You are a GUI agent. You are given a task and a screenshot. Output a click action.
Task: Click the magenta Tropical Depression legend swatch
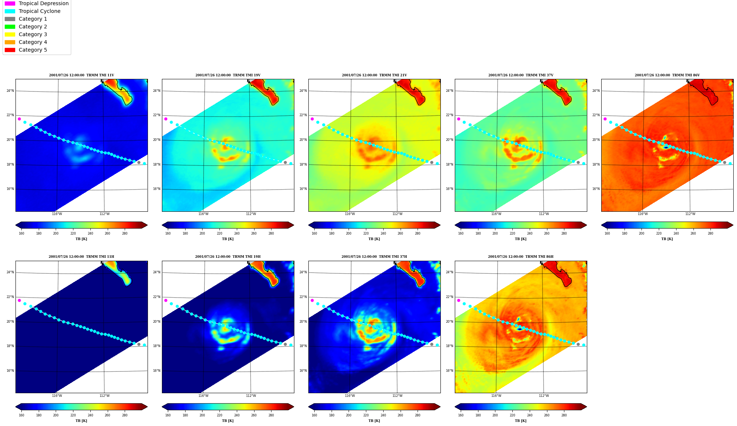(10, 3)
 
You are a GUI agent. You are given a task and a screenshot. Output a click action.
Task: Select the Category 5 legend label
(33, 50)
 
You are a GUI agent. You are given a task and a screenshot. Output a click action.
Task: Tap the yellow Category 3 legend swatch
(10, 34)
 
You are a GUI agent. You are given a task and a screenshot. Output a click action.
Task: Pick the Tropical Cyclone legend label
(39, 11)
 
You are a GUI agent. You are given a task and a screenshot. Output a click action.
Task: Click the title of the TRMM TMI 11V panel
(82, 75)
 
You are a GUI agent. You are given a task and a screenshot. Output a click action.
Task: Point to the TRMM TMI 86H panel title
(520, 257)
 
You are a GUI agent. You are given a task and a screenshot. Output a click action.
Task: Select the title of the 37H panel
(374, 257)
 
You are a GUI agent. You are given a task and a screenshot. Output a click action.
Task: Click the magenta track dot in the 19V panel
(166, 119)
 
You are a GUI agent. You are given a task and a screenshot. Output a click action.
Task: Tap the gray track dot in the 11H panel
(139, 344)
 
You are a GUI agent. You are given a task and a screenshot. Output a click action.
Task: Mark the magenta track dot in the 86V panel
(605, 119)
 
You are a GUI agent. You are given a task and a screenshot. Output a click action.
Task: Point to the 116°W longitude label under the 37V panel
(496, 214)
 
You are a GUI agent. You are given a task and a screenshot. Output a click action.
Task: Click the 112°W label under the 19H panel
(251, 396)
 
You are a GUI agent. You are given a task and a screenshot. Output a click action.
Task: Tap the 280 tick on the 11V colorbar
(125, 233)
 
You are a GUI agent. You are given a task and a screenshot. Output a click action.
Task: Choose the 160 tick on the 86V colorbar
(607, 233)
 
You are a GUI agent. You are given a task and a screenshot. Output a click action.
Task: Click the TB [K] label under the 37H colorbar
(374, 421)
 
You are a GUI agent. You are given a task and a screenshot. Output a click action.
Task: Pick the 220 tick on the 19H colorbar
(219, 415)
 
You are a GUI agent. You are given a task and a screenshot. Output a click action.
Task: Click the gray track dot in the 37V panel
(578, 163)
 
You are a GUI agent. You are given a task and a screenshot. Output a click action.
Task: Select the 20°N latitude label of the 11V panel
(10, 140)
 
